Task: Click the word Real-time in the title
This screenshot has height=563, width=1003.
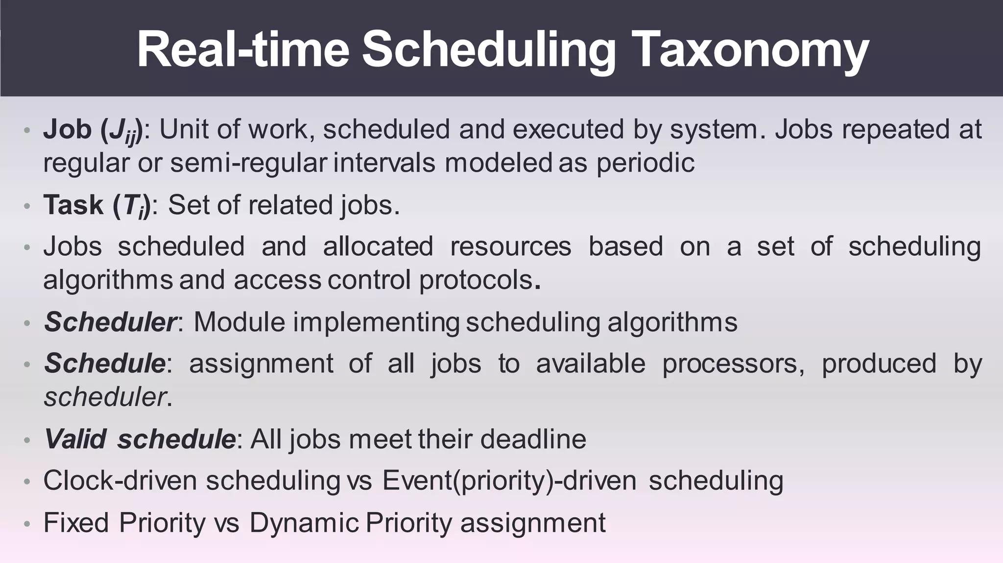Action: click(x=242, y=49)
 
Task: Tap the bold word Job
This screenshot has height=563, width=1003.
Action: click(x=68, y=130)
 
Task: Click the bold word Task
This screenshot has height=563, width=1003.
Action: click(x=73, y=205)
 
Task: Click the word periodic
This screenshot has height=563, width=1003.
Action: click(x=645, y=163)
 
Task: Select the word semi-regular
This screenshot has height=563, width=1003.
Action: click(x=248, y=163)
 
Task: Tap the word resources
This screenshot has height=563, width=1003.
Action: click(x=510, y=246)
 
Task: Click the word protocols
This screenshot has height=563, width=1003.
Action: click(x=476, y=280)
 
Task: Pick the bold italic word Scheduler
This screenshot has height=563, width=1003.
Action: click(x=110, y=322)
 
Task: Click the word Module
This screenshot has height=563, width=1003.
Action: click(x=239, y=322)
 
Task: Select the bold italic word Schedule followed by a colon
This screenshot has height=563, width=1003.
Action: click(x=105, y=363)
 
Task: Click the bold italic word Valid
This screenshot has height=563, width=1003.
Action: click(x=75, y=439)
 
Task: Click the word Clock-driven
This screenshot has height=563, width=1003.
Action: click(x=120, y=480)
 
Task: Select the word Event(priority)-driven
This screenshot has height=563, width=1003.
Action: click(x=509, y=481)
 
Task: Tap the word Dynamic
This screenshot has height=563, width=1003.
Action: click(x=304, y=522)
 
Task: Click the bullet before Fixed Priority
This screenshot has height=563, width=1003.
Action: click(x=27, y=524)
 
